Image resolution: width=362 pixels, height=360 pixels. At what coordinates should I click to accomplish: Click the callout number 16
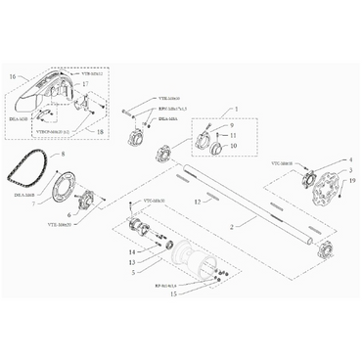13,74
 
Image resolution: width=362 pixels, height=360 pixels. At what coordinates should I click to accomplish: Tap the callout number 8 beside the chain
64,154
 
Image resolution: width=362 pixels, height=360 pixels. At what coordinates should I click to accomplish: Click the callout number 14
131,251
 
